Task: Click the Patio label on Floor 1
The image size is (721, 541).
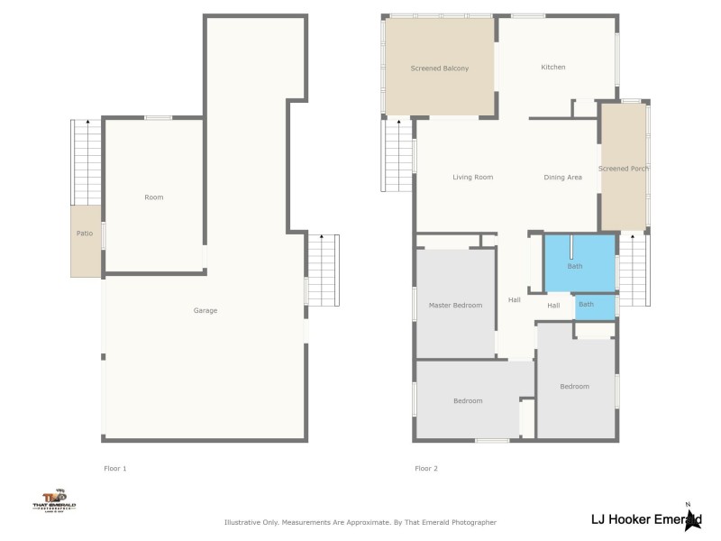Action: click(84, 234)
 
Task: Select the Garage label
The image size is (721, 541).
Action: click(205, 311)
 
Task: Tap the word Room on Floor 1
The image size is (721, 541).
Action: click(154, 197)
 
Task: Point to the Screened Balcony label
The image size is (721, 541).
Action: click(439, 69)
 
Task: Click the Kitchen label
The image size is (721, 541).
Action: click(553, 68)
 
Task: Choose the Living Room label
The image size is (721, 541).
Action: click(472, 178)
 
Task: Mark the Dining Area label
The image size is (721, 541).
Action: click(562, 178)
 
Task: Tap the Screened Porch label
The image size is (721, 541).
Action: click(624, 169)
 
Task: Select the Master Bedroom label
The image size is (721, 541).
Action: click(455, 306)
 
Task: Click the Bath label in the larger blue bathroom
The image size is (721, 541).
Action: click(575, 267)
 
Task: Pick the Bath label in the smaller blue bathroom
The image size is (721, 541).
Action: click(586, 305)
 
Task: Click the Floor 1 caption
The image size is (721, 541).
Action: click(115, 469)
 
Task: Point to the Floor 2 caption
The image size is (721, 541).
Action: click(426, 469)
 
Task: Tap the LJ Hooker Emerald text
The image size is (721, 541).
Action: click(644, 518)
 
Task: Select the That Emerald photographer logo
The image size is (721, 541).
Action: click(55, 500)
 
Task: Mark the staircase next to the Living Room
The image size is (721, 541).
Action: click(397, 155)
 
